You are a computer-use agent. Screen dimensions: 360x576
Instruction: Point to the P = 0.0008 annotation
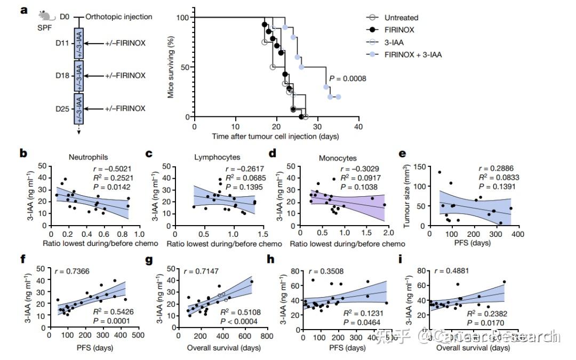pyautogui.click(x=348, y=78)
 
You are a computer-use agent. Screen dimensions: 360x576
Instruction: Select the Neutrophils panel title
pyautogui.click(x=88, y=157)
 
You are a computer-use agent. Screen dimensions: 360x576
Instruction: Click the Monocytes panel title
pyautogui.click(x=338, y=158)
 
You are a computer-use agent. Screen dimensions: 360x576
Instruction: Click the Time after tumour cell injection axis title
pyautogui.click(x=276, y=137)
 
